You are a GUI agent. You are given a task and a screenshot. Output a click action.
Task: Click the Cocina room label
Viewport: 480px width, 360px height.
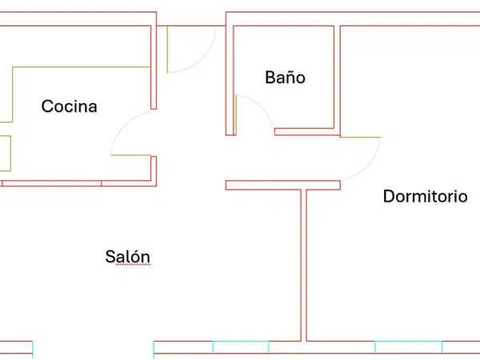[69, 106]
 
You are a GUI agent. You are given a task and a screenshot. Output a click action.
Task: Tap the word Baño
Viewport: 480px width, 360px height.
[285, 77]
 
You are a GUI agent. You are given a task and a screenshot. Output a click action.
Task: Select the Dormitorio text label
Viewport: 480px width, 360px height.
[426, 196]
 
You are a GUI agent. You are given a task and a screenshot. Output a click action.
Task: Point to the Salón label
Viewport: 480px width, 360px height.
[128, 257]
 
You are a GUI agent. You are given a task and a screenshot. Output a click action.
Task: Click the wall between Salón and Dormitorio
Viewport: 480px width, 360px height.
[304, 265]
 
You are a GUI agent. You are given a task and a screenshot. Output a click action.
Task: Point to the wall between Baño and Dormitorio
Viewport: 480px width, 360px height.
[337, 80]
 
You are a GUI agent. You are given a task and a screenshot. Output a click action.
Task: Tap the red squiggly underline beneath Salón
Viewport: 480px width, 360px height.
[134, 265]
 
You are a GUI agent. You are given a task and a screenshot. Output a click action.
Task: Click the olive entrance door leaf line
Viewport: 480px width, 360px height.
[167, 50]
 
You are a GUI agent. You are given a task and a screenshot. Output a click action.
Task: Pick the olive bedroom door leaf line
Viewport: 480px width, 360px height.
[360, 137]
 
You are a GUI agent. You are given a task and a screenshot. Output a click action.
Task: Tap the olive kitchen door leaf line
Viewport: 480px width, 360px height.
[130, 155]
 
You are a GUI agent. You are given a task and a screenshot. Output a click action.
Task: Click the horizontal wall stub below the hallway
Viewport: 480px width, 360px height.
[283, 186]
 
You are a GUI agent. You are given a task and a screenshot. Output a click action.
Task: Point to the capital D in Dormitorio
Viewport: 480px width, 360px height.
[389, 196]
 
